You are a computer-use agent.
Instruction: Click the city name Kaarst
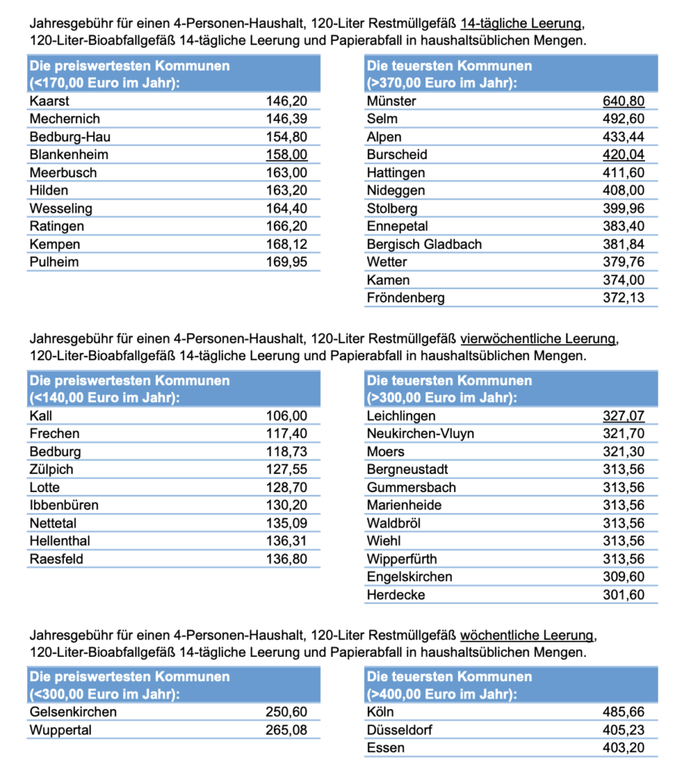click(49, 101)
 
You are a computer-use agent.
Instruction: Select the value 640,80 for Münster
click(623, 101)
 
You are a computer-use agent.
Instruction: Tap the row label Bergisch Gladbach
click(424, 244)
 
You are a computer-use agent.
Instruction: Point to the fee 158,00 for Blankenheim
click(287, 154)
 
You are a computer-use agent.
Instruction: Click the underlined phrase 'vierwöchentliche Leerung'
click(537, 338)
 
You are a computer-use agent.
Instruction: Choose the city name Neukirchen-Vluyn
click(420, 434)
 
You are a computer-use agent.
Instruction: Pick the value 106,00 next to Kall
click(287, 416)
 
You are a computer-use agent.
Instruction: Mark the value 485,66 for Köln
click(623, 711)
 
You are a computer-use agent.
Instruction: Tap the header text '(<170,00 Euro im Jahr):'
click(104, 82)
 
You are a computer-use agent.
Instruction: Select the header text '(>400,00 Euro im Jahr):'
click(441, 694)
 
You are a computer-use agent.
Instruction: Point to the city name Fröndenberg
click(405, 297)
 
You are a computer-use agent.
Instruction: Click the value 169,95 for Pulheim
click(287, 262)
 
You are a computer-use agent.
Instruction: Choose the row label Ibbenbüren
click(64, 505)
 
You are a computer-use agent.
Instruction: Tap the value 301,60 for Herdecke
click(623, 595)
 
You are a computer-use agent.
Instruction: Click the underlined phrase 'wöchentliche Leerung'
click(526, 635)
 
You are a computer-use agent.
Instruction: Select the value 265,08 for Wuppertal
click(286, 730)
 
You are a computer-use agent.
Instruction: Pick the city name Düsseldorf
click(399, 730)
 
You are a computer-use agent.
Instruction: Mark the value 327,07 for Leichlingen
click(623, 416)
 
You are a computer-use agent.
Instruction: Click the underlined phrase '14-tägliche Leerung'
click(521, 23)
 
